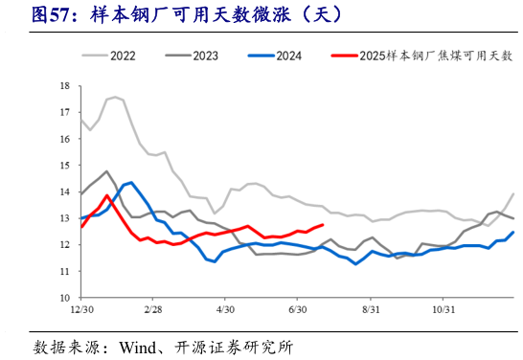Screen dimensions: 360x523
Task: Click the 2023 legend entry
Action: click(204, 56)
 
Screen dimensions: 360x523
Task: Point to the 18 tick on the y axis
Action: click(64, 86)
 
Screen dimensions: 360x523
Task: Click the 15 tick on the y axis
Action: click(64, 166)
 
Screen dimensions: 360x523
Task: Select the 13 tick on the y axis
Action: click(64, 218)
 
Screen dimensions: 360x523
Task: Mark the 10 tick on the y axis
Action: click(64, 298)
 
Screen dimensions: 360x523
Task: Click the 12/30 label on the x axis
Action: click(81, 310)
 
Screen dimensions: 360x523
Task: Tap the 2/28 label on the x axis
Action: click(153, 310)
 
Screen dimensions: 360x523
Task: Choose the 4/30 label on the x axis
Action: click(226, 310)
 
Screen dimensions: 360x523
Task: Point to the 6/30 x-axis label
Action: click(298, 310)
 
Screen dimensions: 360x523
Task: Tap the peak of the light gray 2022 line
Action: click(115, 97)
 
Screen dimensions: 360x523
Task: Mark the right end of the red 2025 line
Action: click(322, 225)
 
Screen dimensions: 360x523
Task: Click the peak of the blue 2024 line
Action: click(130, 181)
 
